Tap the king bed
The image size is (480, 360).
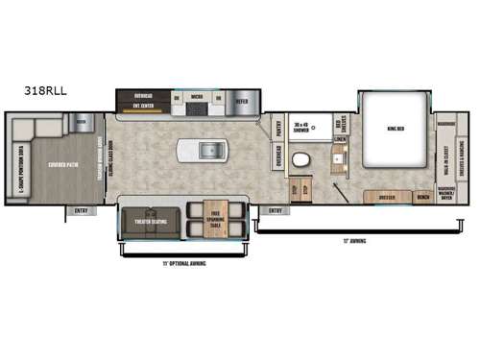tap(396, 129)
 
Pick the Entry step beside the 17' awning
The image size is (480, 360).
tap(276, 209)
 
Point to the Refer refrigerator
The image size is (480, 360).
tap(241, 98)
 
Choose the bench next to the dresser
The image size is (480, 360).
tap(423, 197)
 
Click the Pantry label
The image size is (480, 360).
tap(277, 127)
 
